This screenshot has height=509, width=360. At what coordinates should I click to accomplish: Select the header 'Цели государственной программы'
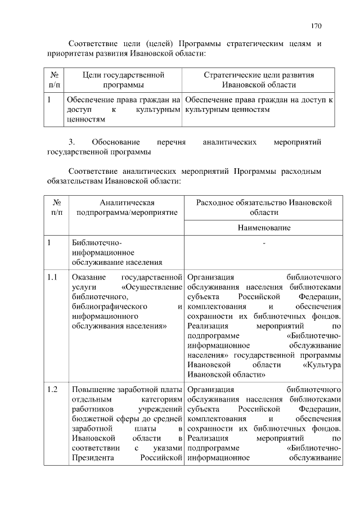[x=123, y=79]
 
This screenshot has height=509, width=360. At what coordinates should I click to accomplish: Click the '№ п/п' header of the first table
[x=55, y=79]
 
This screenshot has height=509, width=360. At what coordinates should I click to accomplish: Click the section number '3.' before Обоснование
[x=71, y=142]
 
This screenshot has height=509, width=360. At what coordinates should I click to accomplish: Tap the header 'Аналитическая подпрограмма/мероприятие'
[x=127, y=207]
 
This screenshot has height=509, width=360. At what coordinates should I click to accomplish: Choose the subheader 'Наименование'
[x=263, y=228]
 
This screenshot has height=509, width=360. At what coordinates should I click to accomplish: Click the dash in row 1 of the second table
[x=263, y=243]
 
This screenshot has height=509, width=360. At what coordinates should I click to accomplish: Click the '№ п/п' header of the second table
[x=56, y=207]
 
